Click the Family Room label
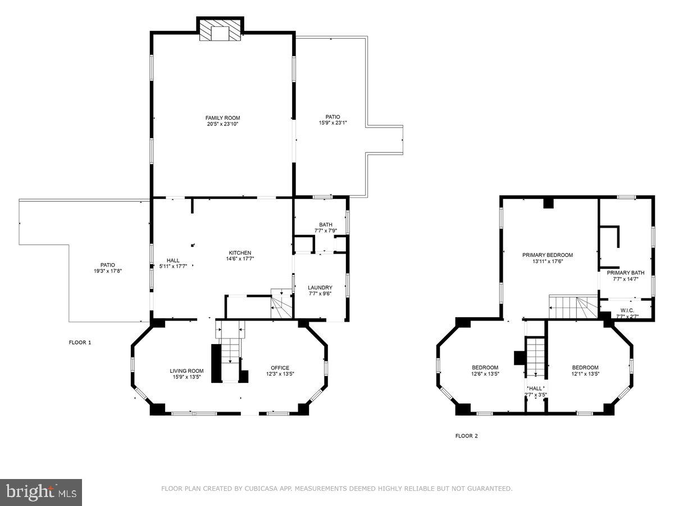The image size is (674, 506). (222, 118)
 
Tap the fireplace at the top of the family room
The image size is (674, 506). (221, 32)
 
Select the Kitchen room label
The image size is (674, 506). (240, 252)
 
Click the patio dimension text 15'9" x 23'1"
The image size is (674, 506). (333, 123)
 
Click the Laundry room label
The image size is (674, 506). (320, 287)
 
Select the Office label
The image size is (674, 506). (280, 368)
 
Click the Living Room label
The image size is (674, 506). (186, 371)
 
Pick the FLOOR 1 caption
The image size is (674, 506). (80, 342)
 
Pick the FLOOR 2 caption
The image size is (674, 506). (466, 436)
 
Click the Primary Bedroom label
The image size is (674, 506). (547, 255)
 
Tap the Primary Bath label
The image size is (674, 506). (625, 273)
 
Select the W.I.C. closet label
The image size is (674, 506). (627, 310)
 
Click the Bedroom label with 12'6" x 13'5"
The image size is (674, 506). (485, 367)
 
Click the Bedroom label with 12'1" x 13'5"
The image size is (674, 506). (585, 367)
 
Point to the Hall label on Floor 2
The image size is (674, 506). (535, 388)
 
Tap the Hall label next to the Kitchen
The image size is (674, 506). (173, 260)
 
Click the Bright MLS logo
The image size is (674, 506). (41, 493)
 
